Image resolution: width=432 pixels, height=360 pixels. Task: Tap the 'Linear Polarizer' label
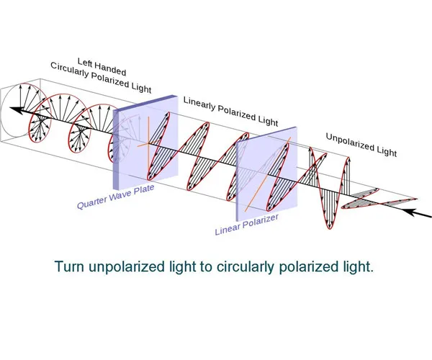point(247,224)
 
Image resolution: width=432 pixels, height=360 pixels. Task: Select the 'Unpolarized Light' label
point(360,144)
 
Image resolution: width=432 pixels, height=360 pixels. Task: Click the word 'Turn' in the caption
point(69,266)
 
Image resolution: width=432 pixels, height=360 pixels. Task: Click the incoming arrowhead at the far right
point(410,211)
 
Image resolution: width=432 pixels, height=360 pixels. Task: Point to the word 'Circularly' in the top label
point(79,74)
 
